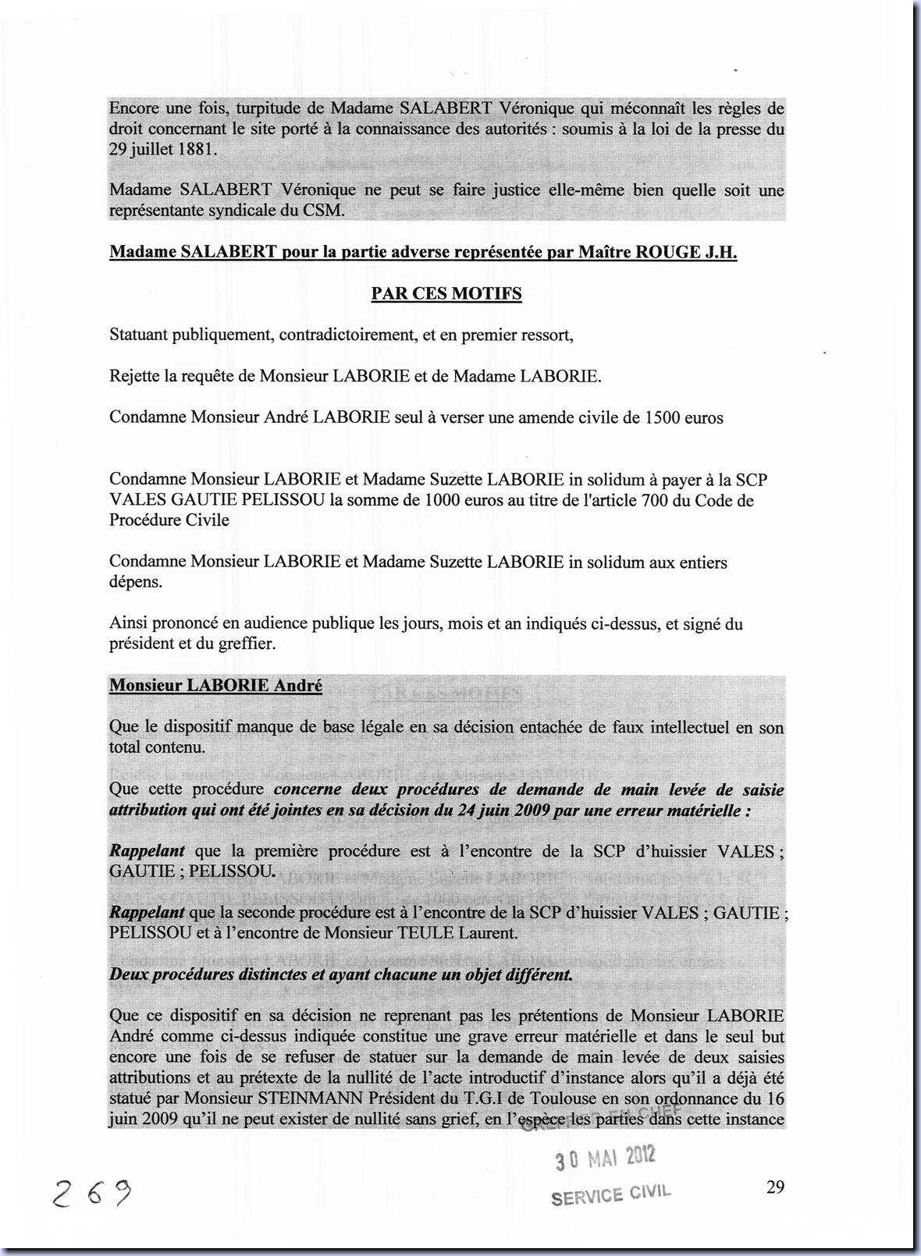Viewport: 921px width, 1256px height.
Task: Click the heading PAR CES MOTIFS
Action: (446, 293)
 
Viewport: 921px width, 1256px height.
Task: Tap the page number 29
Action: (775, 1187)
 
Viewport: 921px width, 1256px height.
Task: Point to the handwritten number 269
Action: (91, 1191)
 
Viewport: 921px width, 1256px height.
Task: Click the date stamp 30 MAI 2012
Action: (606, 1158)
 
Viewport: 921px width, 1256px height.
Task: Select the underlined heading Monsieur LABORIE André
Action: (215, 686)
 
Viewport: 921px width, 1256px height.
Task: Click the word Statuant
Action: (138, 335)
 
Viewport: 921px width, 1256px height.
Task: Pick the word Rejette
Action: (134, 376)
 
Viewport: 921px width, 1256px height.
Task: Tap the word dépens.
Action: (136, 582)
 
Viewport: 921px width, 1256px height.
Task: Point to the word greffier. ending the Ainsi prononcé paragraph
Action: (249, 644)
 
